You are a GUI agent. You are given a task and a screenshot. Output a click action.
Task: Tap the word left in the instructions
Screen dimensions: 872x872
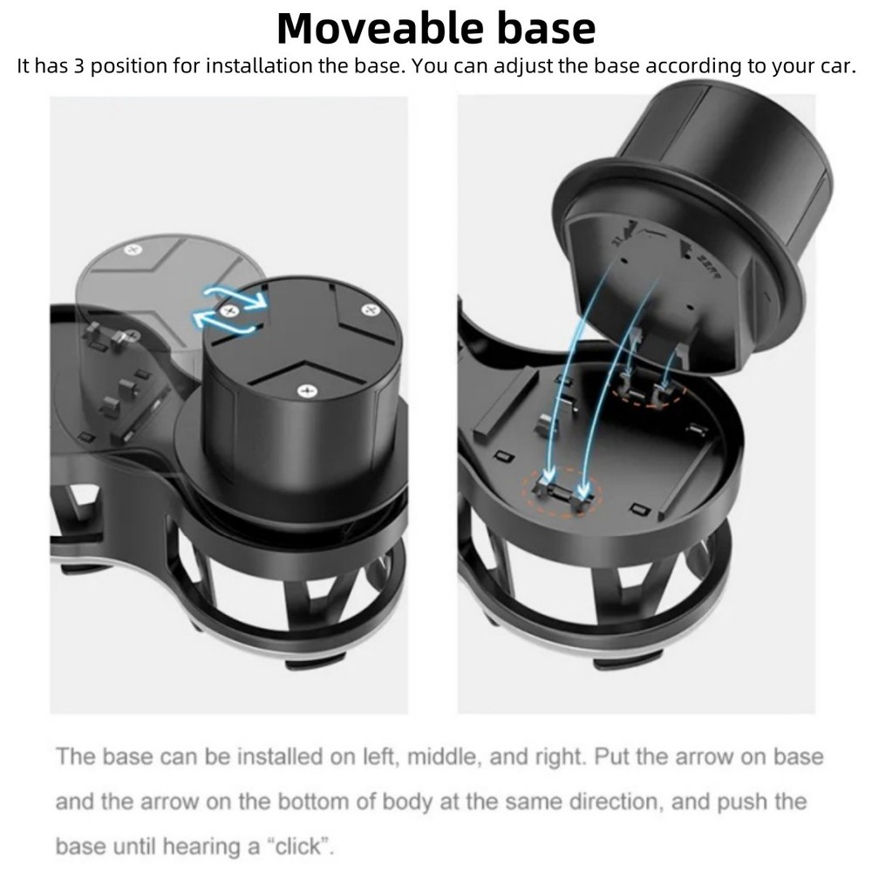pos(379,756)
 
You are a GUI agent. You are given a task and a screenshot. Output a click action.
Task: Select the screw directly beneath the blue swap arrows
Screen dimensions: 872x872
pos(231,310)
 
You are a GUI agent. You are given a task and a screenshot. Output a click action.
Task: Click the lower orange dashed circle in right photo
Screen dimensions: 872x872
pos(559,488)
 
